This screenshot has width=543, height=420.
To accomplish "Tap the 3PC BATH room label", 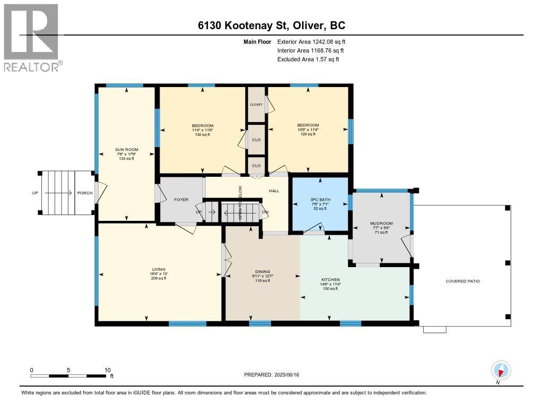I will [x=320, y=200].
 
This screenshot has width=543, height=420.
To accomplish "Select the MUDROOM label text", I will [x=381, y=224].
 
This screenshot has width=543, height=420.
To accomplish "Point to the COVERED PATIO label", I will [x=462, y=281].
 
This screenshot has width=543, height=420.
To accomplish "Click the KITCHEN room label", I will [x=330, y=279].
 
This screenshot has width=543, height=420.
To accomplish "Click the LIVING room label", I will [x=159, y=269].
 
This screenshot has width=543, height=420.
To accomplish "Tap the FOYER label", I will [x=181, y=200].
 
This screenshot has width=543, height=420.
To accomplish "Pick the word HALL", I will [x=274, y=191].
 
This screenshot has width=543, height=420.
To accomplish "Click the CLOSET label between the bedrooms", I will [x=256, y=105].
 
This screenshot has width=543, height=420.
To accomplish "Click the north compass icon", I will [x=501, y=370].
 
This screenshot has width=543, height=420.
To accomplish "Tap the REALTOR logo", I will [x=31, y=37].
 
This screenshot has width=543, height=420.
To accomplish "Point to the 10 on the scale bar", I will [x=107, y=370].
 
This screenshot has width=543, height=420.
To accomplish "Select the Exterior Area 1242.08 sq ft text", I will [x=311, y=41].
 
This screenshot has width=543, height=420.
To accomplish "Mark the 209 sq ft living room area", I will [x=159, y=279].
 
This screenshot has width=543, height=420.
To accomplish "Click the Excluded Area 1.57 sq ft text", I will [x=308, y=59].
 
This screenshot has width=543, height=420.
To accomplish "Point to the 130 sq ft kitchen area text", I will [x=330, y=289].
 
